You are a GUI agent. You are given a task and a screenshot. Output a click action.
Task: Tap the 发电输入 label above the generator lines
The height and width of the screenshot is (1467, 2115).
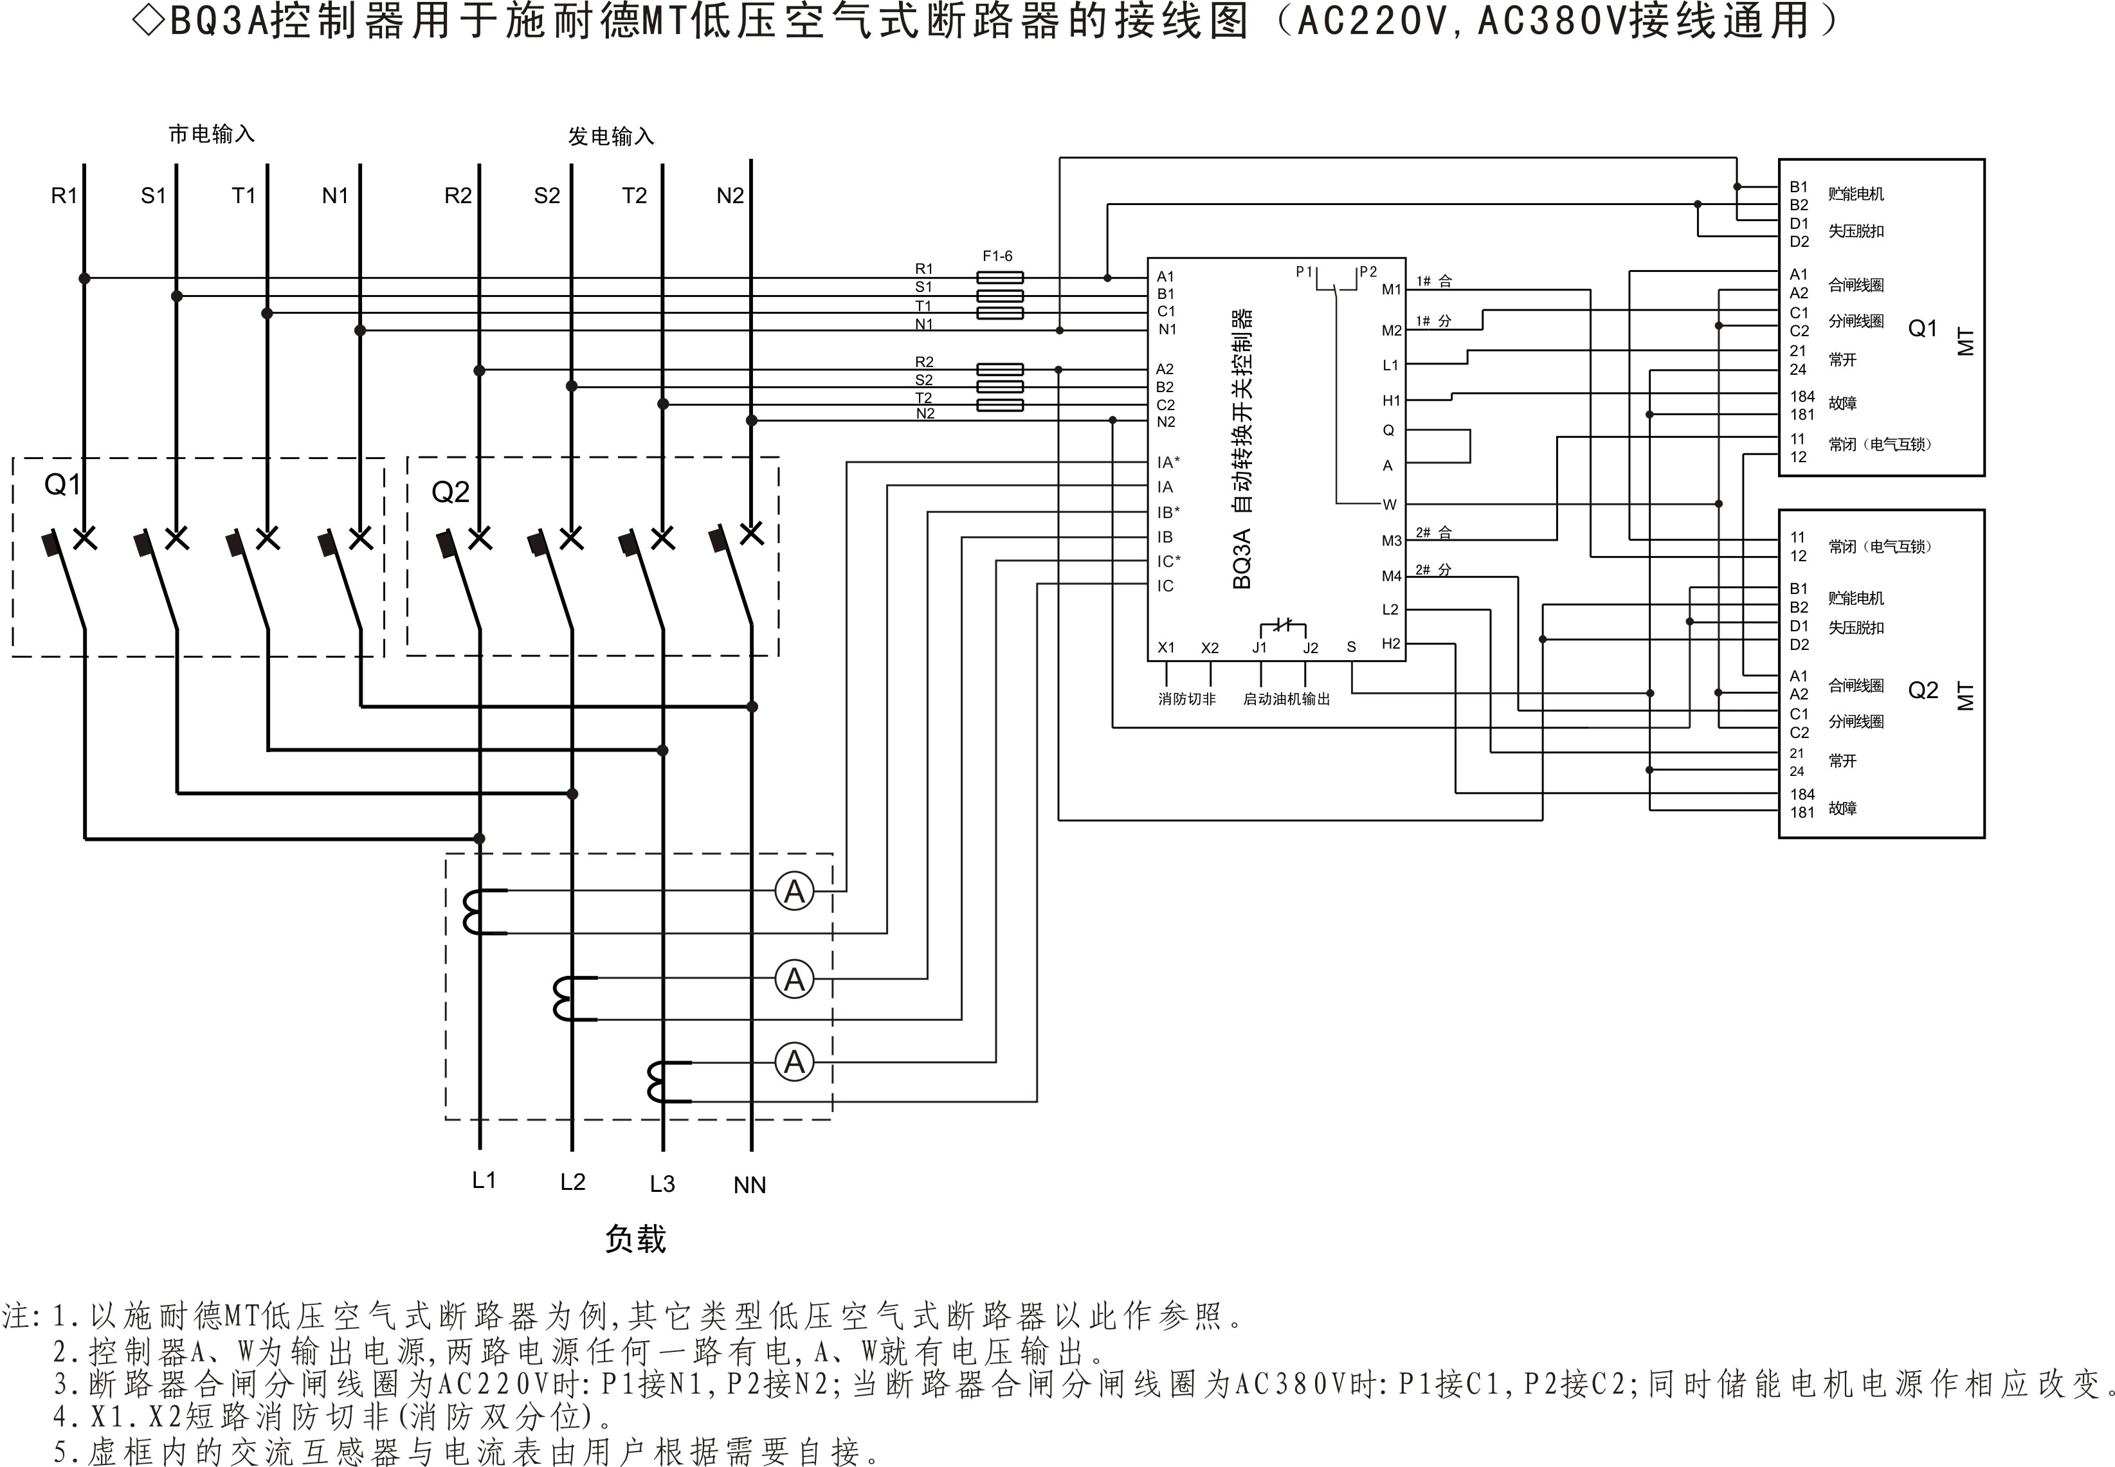(610, 137)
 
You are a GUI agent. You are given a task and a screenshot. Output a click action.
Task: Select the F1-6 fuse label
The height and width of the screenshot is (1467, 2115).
(997, 255)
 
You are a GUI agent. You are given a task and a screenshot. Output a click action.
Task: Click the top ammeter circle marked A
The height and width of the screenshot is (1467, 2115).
(794, 892)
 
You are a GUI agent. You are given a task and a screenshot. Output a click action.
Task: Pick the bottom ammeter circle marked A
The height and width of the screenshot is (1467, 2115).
(794, 1063)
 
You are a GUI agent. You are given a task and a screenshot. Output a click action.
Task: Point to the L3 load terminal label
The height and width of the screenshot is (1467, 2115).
(662, 1184)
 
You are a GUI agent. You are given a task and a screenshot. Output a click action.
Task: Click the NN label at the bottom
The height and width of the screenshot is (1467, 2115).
(749, 1185)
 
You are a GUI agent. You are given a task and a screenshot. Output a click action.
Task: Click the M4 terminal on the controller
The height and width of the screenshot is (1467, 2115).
(1391, 576)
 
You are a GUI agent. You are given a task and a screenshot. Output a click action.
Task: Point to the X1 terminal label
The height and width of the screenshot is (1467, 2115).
(1165, 647)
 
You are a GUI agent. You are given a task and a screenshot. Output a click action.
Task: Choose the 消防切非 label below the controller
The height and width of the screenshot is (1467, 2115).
(1186, 699)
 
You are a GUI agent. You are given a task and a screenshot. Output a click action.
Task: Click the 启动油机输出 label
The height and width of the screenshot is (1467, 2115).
(1286, 699)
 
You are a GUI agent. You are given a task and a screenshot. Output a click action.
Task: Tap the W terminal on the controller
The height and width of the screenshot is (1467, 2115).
(1389, 505)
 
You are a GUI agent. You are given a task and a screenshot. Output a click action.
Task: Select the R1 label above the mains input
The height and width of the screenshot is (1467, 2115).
(64, 196)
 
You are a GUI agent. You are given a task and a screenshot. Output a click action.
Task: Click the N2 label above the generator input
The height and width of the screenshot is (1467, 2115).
(730, 196)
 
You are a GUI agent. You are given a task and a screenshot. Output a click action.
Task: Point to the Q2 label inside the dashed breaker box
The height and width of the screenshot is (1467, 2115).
(450, 492)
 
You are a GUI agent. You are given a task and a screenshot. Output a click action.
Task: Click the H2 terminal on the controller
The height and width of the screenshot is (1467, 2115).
(1391, 643)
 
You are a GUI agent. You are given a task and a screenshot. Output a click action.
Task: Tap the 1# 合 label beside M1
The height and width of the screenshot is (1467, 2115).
(1434, 282)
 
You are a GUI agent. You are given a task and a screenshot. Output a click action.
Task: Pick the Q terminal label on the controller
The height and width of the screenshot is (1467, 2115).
(1388, 430)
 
